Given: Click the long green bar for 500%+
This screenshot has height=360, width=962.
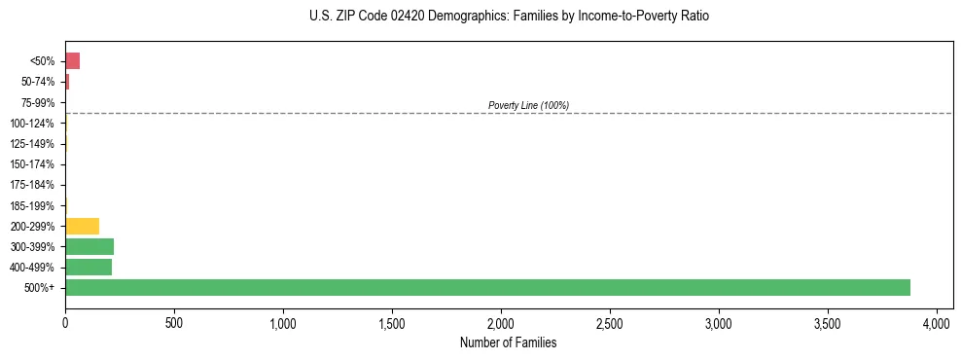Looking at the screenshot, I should (x=486, y=287).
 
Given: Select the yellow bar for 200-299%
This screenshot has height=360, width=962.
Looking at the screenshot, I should (x=82, y=226).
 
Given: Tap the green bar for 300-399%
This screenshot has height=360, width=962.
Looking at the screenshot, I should (x=89, y=246).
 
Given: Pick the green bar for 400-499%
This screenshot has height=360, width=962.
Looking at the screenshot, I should (x=89, y=267).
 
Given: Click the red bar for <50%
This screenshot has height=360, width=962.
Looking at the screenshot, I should (x=72, y=61).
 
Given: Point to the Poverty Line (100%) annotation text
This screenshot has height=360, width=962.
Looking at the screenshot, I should (x=528, y=105).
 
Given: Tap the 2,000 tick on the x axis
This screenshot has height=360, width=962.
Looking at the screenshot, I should (x=501, y=321).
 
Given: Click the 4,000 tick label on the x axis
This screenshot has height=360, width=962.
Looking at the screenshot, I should (x=937, y=321).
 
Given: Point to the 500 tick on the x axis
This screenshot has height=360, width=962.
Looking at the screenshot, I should (x=174, y=321).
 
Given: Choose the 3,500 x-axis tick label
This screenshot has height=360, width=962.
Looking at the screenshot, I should (x=828, y=321).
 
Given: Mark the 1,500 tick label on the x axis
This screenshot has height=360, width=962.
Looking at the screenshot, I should (x=392, y=321).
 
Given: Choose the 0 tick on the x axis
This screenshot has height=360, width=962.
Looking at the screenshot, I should (x=65, y=321).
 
